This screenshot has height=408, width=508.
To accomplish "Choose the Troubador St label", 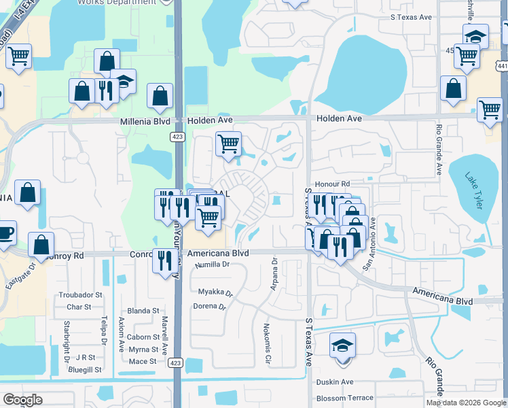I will [x=80, y=295].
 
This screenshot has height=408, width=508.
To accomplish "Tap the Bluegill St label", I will [x=85, y=370].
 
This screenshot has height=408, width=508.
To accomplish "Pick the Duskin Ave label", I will [x=335, y=382].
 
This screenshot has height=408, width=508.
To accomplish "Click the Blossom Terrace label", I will [x=344, y=398].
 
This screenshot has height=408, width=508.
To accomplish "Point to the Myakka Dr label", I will [x=215, y=294].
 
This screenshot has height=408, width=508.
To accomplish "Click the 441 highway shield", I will [x=502, y=66].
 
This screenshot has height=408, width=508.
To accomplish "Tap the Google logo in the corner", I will [x=23, y=400].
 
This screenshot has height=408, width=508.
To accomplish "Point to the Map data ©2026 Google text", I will [x=466, y=403].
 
